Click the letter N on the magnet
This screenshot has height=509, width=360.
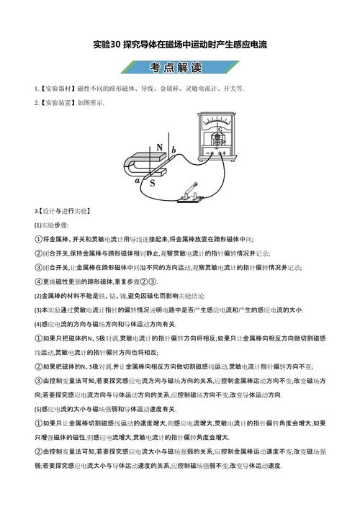(159, 148)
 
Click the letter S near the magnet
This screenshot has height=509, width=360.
(153, 183)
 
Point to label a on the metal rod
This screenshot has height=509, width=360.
(137, 179)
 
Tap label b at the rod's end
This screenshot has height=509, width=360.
(173, 149)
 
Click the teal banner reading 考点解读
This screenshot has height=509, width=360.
(180, 66)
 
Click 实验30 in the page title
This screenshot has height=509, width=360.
(108, 44)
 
